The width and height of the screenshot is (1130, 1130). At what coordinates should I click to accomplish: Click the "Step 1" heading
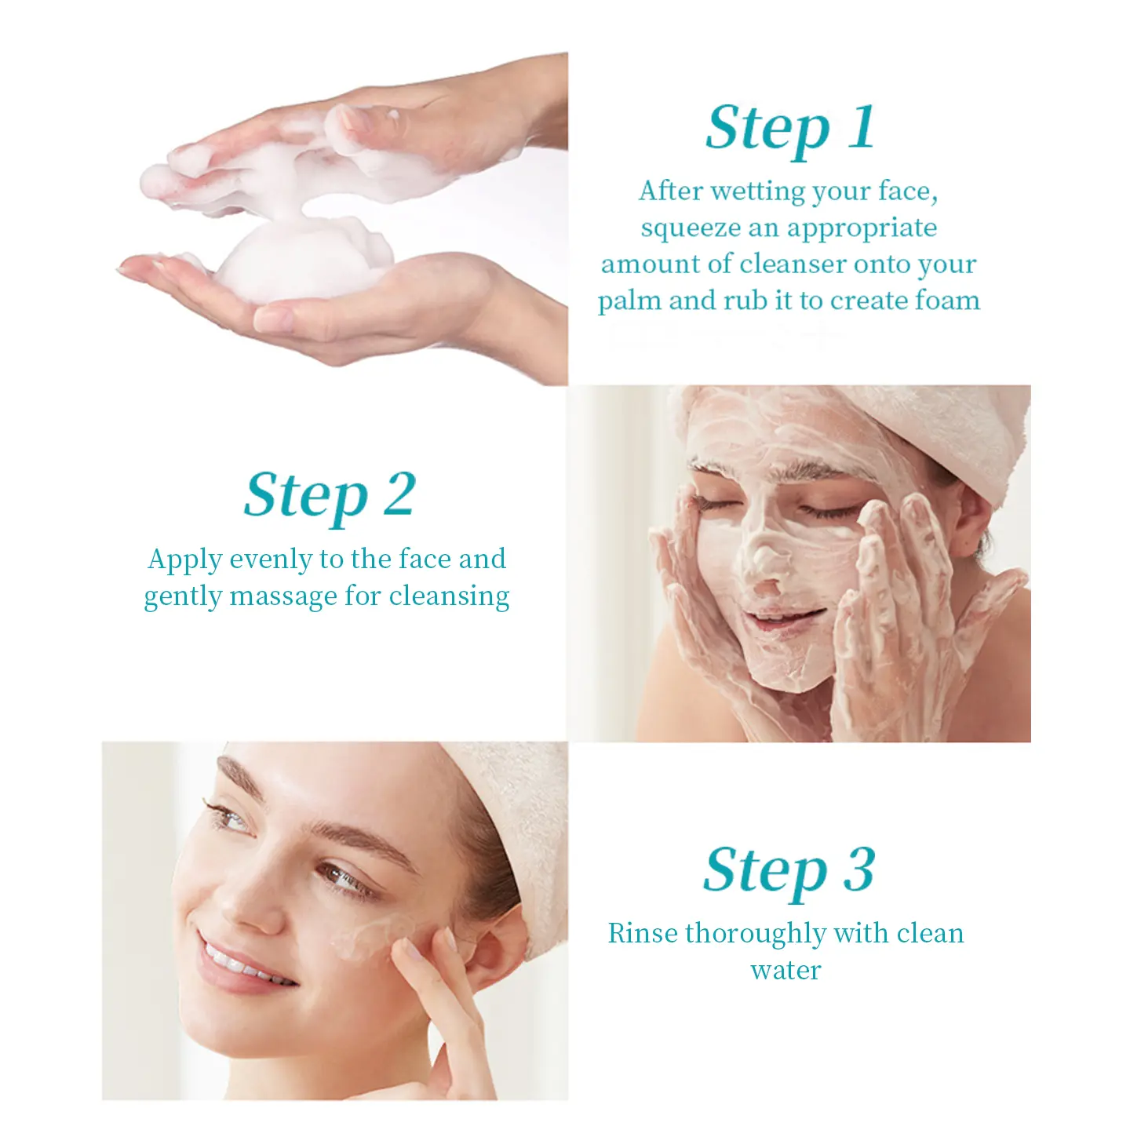tap(790, 129)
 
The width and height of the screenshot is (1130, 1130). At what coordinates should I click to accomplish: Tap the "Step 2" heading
tap(330, 497)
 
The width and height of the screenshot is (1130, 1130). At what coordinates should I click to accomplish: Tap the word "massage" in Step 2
tap(283, 597)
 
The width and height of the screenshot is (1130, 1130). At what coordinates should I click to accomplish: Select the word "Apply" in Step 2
tap(184, 560)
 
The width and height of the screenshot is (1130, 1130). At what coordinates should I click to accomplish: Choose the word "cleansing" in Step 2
tap(449, 597)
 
